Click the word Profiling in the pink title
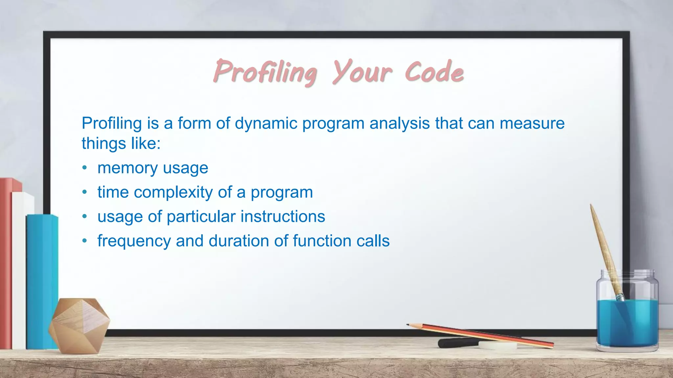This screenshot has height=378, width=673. click(x=265, y=72)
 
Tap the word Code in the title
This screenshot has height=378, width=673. click(x=434, y=72)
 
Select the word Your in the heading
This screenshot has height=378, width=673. click(x=361, y=72)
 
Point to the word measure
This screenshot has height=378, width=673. click(x=532, y=124)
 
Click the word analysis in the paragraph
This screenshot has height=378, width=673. click(x=400, y=124)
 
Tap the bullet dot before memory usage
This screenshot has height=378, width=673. click(x=85, y=168)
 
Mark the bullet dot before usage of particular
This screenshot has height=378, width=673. click(x=85, y=217)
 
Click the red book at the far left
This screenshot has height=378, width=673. click(x=6, y=262)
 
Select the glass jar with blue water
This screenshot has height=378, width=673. click(x=627, y=315)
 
